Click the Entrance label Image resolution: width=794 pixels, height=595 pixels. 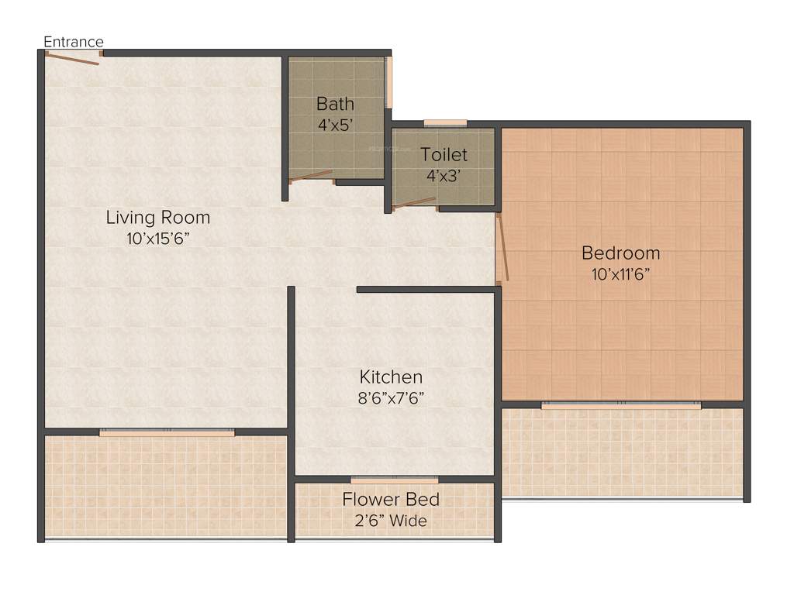click(x=74, y=42)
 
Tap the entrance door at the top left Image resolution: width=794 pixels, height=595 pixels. click(x=72, y=57)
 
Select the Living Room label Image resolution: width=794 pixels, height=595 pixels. click(x=158, y=218)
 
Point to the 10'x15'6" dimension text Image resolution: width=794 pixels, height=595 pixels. click(x=158, y=239)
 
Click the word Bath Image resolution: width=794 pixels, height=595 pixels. click(x=335, y=104)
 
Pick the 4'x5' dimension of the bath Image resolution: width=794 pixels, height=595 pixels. click(x=335, y=124)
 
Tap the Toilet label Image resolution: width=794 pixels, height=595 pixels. click(x=444, y=155)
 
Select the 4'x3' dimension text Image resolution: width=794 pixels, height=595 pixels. click(x=444, y=175)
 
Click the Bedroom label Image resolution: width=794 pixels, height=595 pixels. click(x=621, y=253)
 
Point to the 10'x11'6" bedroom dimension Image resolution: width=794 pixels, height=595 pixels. click(x=621, y=273)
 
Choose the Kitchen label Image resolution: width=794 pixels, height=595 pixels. click(x=391, y=377)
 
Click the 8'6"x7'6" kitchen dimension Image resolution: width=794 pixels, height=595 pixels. click(x=391, y=397)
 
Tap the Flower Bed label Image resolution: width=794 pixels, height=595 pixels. click(x=391, y=500)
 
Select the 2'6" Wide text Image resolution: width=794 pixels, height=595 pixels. click(x=391, y=521)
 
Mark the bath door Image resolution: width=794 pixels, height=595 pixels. click(x=310, y=176)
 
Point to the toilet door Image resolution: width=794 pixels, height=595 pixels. click(x=414, y=203)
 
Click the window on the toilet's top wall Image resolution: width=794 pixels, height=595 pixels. click(x=445, y=122)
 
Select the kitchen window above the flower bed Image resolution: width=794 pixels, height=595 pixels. click(x=394, y=480)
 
